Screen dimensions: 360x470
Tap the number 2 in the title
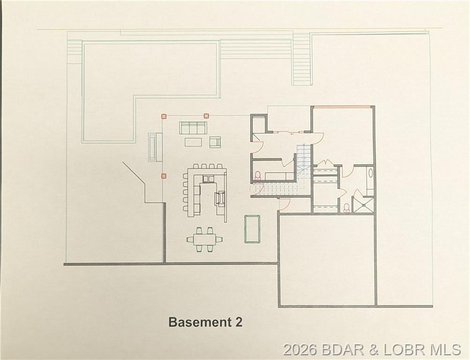[x=239, y=322]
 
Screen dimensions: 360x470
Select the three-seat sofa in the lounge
[x=193, y=127]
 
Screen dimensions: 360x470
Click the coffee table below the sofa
[x=193, y=142]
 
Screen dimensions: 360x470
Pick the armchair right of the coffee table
[x=215, y=142]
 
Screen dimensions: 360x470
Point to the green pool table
[x=250, y=229]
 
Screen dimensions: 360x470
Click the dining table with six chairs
[x=204, y=239]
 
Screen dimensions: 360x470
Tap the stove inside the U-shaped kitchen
[x=220, y=198]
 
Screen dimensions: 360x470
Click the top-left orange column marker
[x=164, y=116]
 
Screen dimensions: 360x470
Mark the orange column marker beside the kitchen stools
[x=164, y=176]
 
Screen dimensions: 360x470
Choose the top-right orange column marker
[x=206, y=116]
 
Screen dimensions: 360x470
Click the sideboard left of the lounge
[x=152, y=147]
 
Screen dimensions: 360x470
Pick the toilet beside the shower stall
[x=347, y=208]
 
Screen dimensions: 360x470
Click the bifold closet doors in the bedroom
[x=326, y=164]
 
